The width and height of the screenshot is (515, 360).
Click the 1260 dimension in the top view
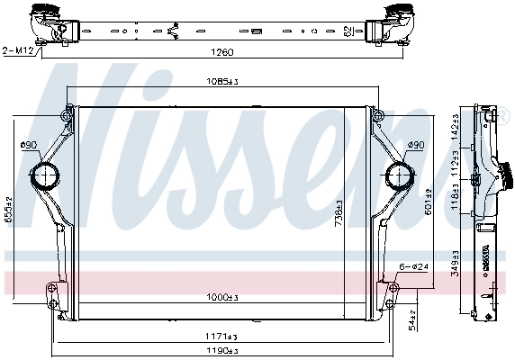click(221, 52)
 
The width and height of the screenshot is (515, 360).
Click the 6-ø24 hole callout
click(414, 267)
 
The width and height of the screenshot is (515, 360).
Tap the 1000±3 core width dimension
click(221, 298)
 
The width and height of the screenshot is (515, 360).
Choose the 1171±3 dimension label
click(221, 336)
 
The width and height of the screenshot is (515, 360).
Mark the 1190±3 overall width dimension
click(221, 350)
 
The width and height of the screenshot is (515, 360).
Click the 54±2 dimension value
click(412, 319)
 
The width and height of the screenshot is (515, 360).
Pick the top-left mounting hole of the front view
click(68, 113)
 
